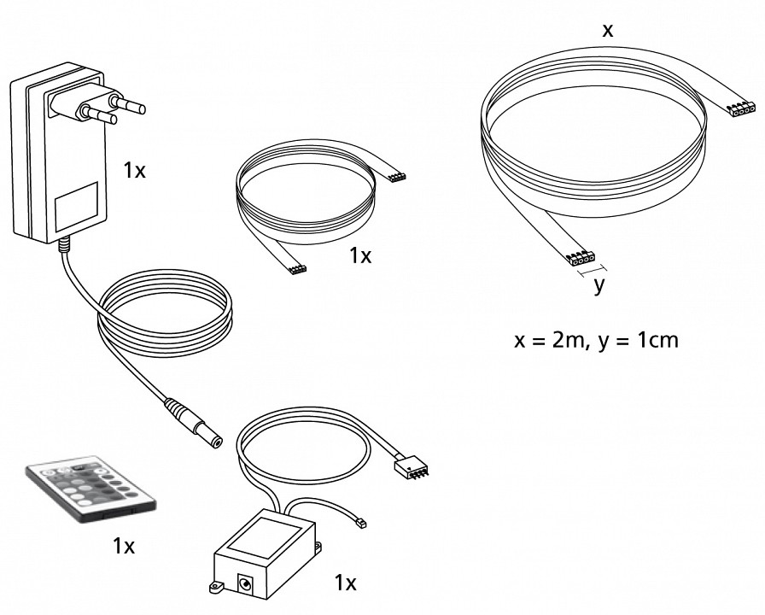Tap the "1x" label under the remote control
coord(124,546)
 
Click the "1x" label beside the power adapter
coord(134,171)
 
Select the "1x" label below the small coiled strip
coord(360,255)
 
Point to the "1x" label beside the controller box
coord(345,583)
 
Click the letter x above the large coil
coord(607,31)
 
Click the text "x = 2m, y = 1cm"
coord(597,341)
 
